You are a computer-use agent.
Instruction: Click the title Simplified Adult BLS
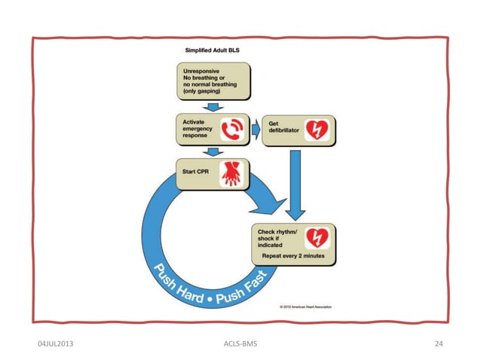click(x=216, y=51)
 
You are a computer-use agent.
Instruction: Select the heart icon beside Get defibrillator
click(x=316, y=130)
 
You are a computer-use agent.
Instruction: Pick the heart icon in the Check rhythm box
click(x=316, y=238)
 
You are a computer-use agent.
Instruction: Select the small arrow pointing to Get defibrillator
click(x=255, y=130)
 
